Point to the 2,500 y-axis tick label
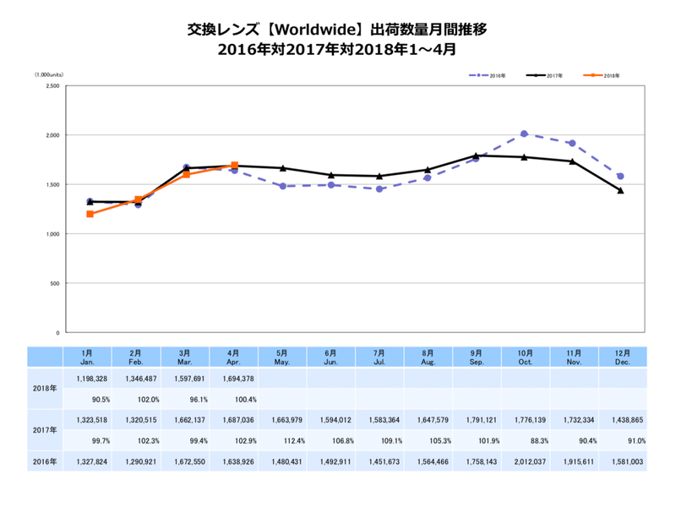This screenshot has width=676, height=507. [x=52, y=85]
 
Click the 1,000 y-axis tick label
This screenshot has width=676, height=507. [x=52, y=234]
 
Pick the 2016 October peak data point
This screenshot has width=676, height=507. [x=524, y=134]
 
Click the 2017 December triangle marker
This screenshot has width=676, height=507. [x=620, y=190]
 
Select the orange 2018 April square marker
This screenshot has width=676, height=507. [x=234, y=165]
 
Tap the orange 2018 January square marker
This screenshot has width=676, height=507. [x=90, y=214]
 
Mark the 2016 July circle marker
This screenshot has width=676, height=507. [x=379, y=188]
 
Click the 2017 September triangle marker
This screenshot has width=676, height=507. [x=476, y=155]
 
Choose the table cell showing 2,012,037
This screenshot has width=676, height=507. [x=526, y=461]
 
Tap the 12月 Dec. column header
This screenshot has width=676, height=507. [x=621, y=357]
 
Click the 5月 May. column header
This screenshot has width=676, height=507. [x=284, y=357]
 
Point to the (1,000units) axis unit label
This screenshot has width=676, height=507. [x=47, y=75]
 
